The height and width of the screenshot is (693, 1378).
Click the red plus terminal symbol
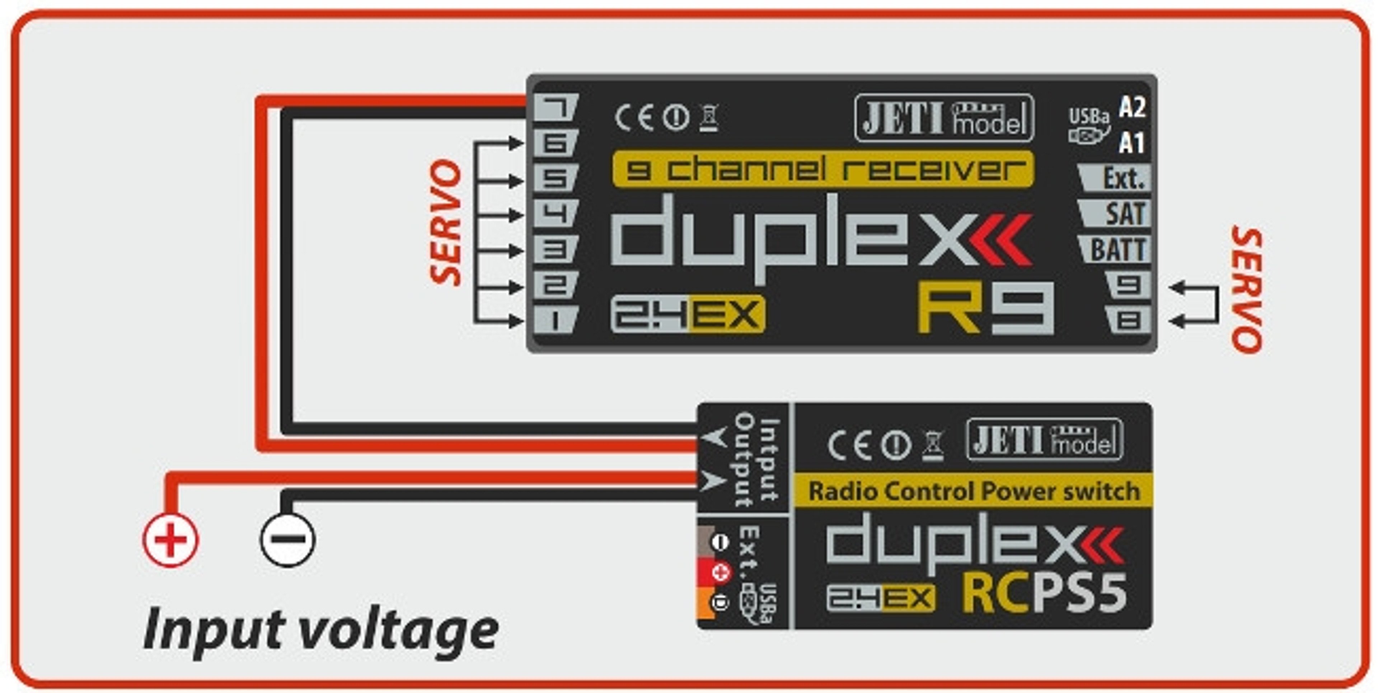click(x=170, y=539)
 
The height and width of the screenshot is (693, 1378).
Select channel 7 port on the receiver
click(x=555, y=108)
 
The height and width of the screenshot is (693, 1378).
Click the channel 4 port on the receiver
click(x=555, y=214)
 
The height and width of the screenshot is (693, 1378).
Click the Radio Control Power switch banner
click(x=974, y=491)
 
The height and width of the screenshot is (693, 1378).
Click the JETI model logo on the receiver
click(x=944, y=118)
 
